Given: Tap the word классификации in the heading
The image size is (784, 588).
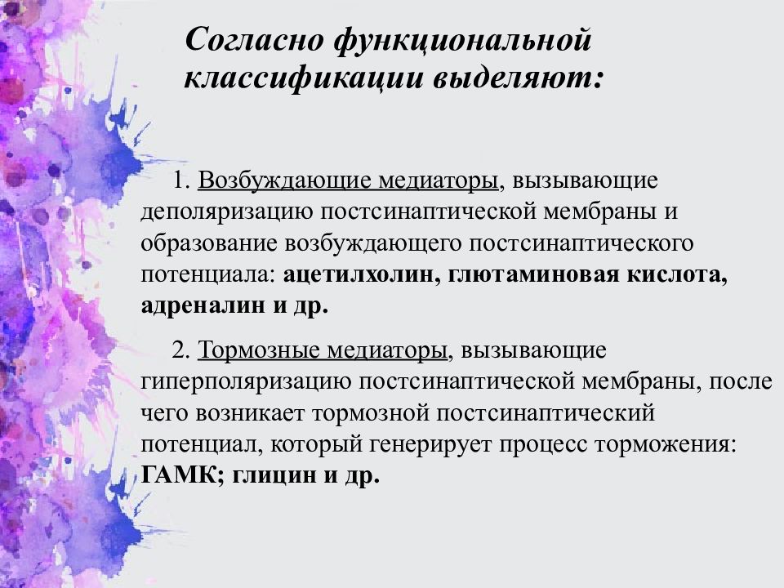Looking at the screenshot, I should (297, 79).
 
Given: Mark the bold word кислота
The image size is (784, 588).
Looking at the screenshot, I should (671, 275).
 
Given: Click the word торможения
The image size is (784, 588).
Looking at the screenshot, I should (673, 445).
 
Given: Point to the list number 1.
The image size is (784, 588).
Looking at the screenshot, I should (180, 180).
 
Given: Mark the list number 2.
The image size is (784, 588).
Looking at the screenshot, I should (180, 351).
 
